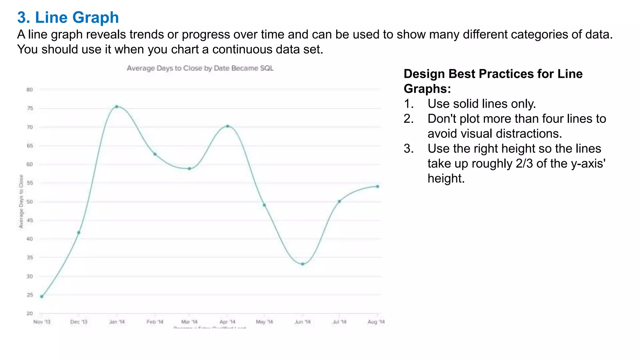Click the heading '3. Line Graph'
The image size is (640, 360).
coord(68,17)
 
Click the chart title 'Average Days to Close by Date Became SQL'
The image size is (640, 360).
coord(200,68)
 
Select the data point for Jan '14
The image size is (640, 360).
coord(117,107)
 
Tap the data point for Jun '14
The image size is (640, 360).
coord(302,264)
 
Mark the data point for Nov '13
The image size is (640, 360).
coord(42,297)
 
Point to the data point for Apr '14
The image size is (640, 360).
coord(227,126)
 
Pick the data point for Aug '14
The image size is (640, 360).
coord(377,187)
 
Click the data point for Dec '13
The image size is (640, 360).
coord(78,232)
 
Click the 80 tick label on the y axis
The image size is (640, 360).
coord(29,90)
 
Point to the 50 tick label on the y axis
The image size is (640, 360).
coord(29,202)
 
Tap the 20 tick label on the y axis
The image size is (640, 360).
coord(29,313)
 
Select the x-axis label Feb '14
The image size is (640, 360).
coord(155,322)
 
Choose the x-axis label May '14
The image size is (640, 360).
coord(264,322)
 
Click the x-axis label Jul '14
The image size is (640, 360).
coord(339,322)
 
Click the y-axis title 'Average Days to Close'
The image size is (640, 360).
coord(21,202)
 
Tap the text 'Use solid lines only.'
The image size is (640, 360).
coord(482,104)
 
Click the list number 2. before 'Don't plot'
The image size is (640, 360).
coord(409,119)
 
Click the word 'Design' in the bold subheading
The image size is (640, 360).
coord(424,74)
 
